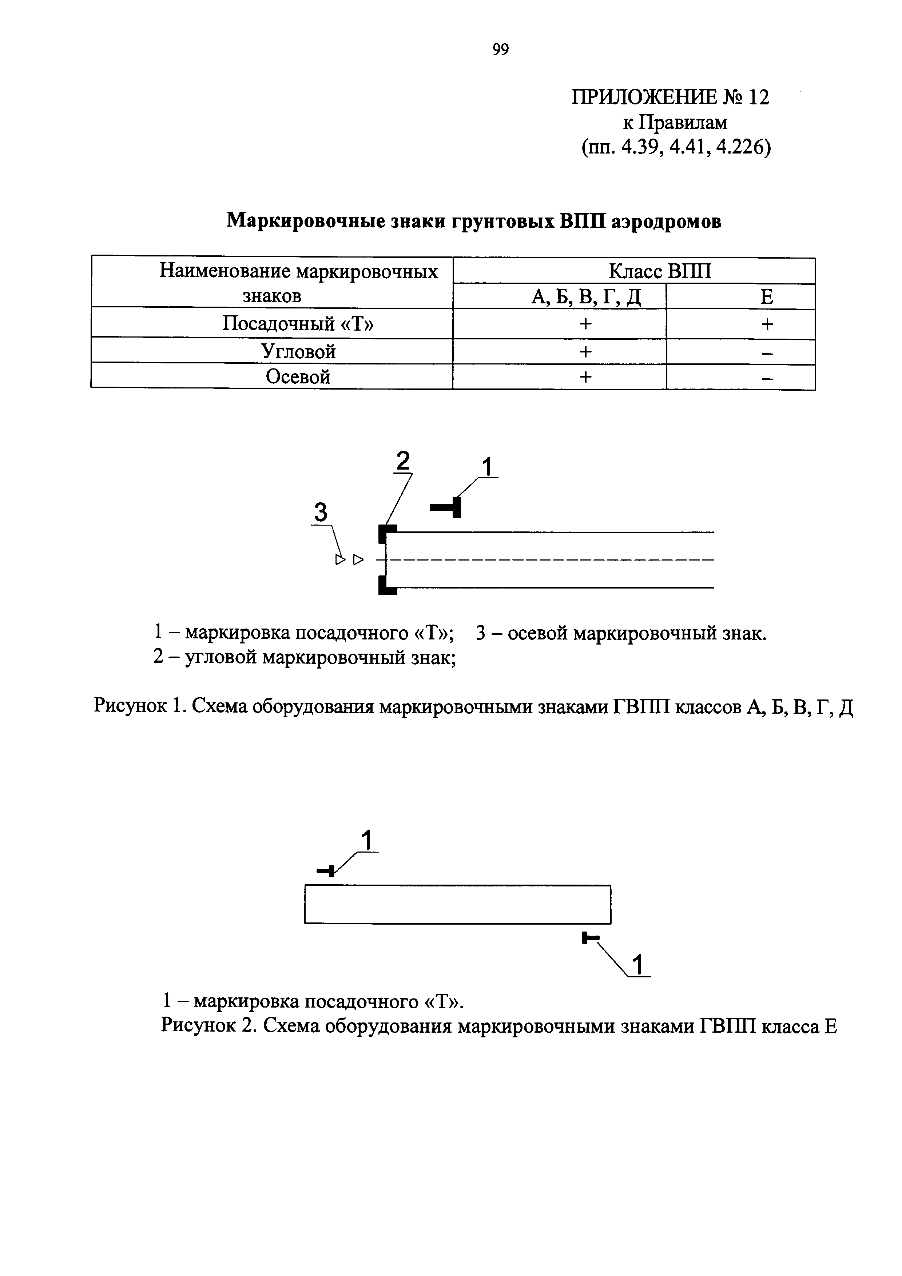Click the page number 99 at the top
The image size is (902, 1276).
pos(500,50)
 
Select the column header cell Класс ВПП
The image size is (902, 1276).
pos(660,271)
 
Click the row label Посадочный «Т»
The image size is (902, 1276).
pos(298,323)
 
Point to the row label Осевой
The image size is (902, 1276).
pos(298,377)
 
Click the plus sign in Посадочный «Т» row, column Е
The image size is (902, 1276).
pos(767,324)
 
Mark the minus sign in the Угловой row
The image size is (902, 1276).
pos(767,352)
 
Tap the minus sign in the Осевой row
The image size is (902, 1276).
pos(767,378)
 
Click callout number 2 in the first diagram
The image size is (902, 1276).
pos(402,461)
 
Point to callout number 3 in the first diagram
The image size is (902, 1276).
pos(321,512)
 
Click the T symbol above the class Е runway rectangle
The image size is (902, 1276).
pos(326,870)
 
